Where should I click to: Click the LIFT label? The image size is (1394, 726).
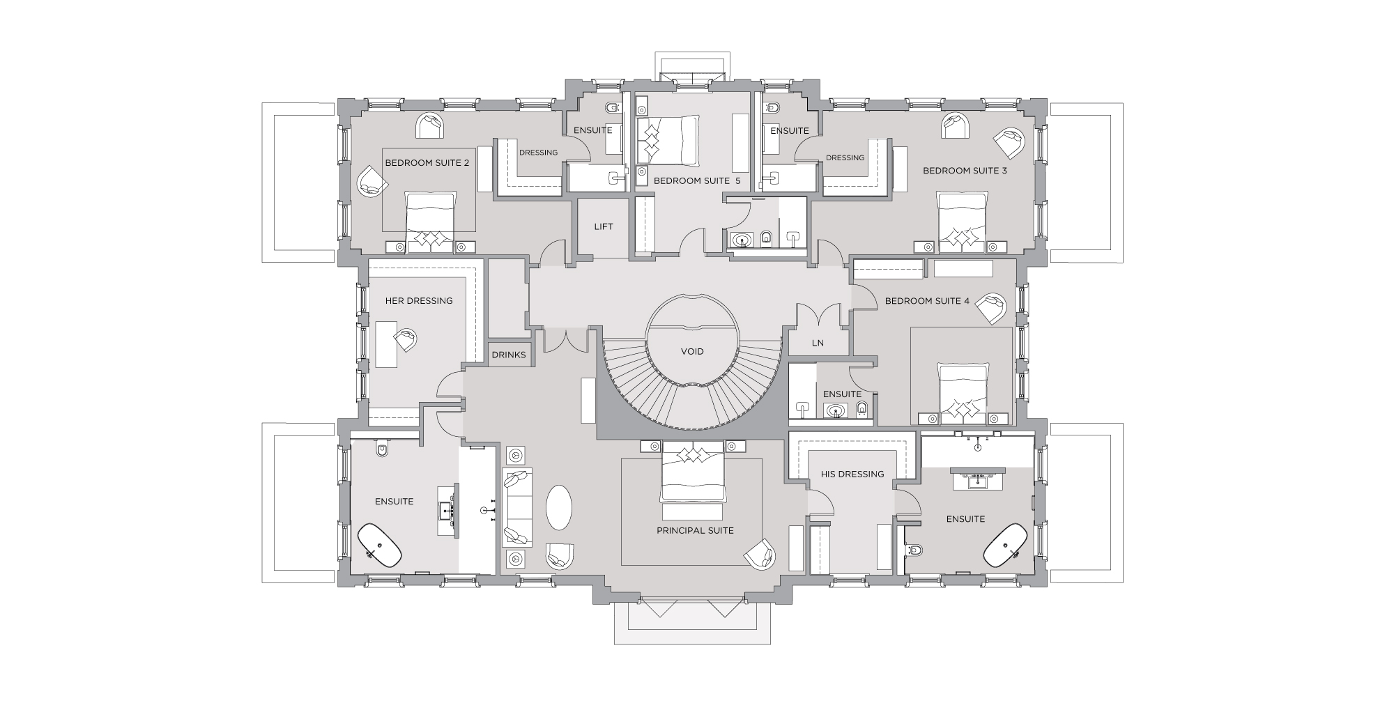tap(604, 226)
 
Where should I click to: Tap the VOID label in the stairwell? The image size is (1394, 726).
tap(692, 351)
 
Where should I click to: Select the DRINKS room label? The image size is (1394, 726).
tap(509, 355)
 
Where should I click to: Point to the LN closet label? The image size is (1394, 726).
tap(818, 343)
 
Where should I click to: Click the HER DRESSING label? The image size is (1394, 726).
tap(419, 301)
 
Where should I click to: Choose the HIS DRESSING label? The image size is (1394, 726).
tap(852, 474)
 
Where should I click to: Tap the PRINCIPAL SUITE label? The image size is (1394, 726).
tap(695, 530)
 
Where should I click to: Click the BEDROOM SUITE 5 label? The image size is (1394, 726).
tap(697, 180)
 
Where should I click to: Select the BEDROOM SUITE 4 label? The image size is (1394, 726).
tap(927, 301)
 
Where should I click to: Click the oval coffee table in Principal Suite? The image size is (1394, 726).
tap(559, 507)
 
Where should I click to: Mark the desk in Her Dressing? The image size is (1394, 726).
tap(386, 343)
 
